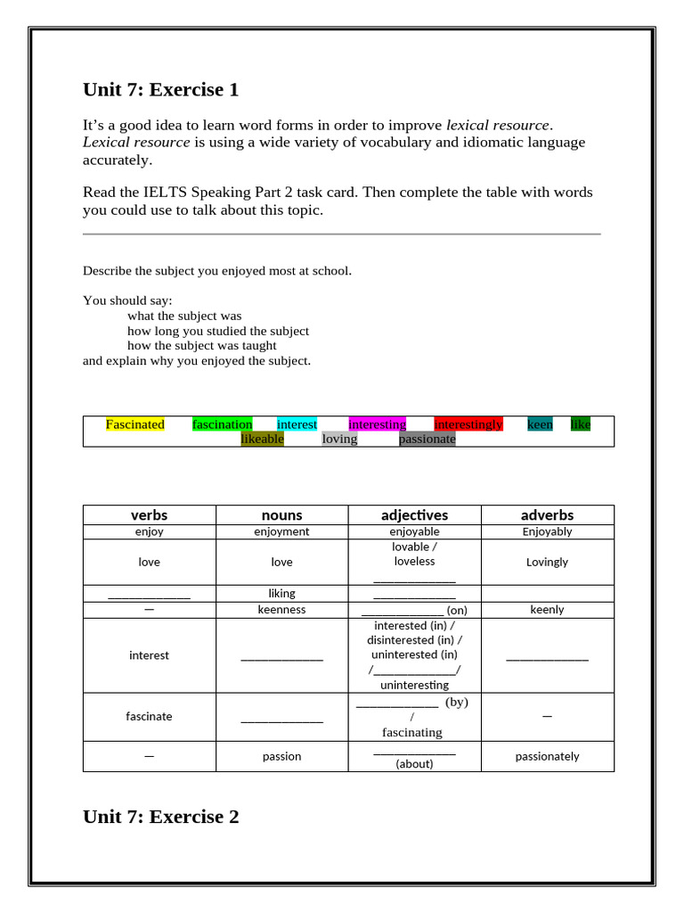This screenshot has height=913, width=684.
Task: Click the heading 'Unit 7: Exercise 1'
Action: point(160,90)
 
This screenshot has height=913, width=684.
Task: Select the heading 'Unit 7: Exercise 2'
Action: point(160,817)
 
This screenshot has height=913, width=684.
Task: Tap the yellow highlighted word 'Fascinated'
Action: point(135,424)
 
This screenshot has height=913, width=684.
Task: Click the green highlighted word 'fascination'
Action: point(223,424)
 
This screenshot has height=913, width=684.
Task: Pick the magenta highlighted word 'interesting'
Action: point(377,424)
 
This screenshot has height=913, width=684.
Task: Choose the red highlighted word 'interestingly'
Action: point(468,424)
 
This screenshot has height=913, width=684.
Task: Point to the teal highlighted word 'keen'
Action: point(540,424)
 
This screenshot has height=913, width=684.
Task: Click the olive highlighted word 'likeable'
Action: point(263,439)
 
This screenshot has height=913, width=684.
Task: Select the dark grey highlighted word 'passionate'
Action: point(427,439)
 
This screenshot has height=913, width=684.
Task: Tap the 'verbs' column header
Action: point(149,515)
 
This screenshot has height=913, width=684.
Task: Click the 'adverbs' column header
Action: point(547,515)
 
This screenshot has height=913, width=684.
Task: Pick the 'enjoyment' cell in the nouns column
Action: point(281,531)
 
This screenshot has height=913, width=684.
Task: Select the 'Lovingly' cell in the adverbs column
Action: point(547,563)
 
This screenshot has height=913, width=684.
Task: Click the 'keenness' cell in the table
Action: point(281,610)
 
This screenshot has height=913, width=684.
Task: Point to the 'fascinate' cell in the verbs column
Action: point(149,716)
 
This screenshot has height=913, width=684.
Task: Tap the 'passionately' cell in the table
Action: point(547,756)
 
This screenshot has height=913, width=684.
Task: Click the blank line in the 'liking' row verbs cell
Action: point(149,595)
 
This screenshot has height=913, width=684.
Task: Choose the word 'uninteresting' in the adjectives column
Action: point(414,685)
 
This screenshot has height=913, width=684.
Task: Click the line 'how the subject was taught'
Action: point(202,345)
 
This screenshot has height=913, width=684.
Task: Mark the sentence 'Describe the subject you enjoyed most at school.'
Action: point(217,270)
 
